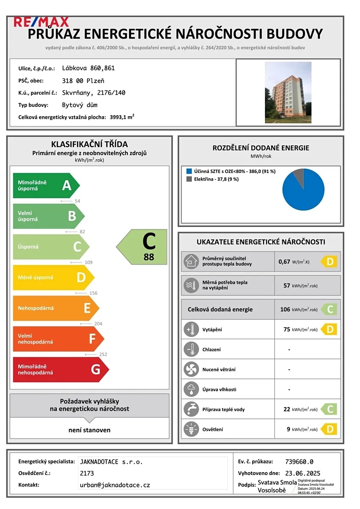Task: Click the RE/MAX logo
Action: coord(41,22)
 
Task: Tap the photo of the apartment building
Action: coord(288,92)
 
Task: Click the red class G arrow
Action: coord(59,369)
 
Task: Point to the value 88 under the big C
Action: coord(149,257)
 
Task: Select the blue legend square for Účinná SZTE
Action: coord(189,171)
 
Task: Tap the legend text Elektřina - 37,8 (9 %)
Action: coord(216,179)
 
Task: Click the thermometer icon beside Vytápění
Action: coord(190,330)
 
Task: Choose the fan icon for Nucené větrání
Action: coord(190,369)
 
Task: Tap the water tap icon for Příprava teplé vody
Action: coord(190,409)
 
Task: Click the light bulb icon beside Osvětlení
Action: coord(190,429)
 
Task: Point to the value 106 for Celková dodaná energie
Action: coord(285,310)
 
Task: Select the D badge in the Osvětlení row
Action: coord(329,429)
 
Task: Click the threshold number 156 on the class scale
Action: coord(93,293)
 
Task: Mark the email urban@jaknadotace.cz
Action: coord(115,485)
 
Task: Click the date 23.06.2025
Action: coord(303,473)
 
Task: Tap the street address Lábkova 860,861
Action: coord(88,68)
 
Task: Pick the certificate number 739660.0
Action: coord(299,462)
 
